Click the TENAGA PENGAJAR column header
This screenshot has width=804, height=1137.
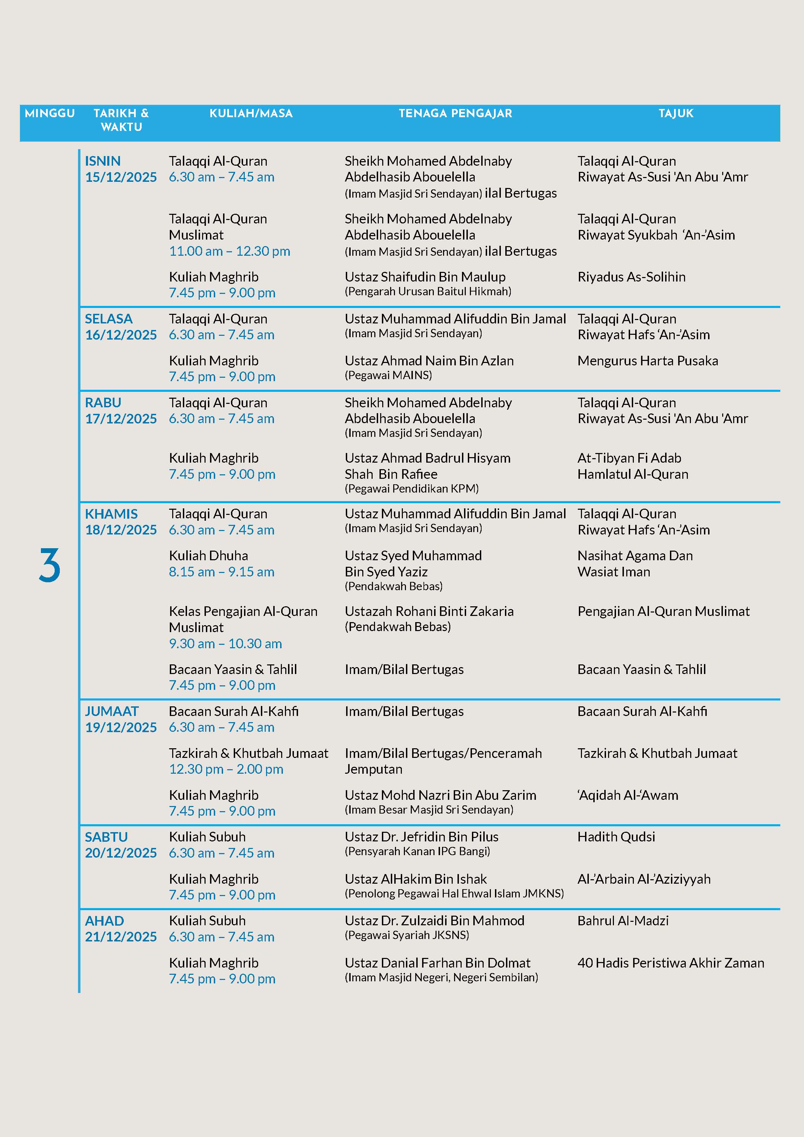click(x=455, y=113)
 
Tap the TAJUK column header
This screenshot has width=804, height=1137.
click(x=676, y=113)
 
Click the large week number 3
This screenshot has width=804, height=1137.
click(x=49, y=565)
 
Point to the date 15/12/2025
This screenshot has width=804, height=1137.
click(x=121, y=177)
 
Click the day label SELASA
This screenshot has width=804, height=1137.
click(x=109, y=319)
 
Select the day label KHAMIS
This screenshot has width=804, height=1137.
click(x=111, y=514)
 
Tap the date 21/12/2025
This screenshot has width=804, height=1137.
click(x=121, y=937)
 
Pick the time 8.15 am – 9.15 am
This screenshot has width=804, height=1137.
click(x=221, y=572)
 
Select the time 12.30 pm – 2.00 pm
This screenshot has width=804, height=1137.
click(x=226, y=769)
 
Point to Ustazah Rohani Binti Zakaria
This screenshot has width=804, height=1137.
click(x=429, y=611)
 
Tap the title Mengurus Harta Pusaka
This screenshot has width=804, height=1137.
click(x=648, y=361)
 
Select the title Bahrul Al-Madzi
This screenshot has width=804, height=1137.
click(x=623, y=920)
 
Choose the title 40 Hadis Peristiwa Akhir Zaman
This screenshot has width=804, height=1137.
click(x=671, y=963)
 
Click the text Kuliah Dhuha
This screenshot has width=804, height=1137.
click(x=208, y=556)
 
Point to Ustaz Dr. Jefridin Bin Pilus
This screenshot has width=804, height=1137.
click(x=421, y=837)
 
